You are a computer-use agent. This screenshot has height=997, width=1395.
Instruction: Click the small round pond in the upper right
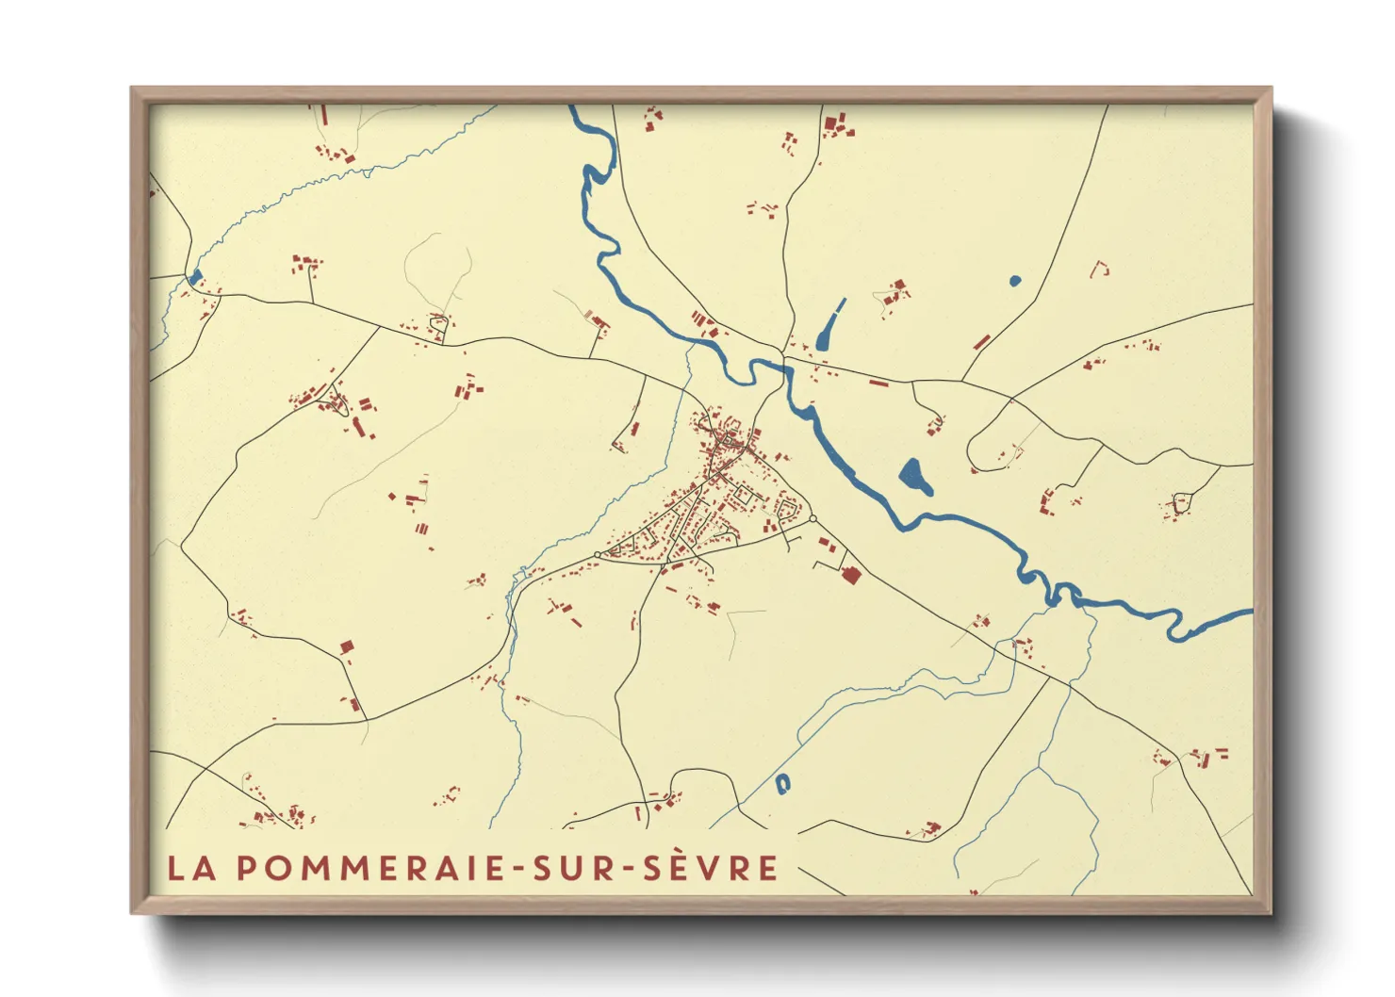[x=1014, y=281]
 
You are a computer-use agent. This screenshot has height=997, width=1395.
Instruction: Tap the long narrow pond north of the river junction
[x=829, y=324]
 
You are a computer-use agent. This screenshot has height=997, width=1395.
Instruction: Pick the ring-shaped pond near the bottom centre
[x=782, y=783]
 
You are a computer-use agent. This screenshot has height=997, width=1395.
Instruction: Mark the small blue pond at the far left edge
[x=196, y=277]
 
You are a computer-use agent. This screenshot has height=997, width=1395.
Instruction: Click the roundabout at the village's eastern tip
[x=812, y=518]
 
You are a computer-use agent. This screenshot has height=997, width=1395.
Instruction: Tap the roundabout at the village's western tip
[x=598, y=554]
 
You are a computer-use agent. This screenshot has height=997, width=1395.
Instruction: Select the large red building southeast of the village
[x=851, y=575]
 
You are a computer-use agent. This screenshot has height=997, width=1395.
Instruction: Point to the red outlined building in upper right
[x=1099, y=270]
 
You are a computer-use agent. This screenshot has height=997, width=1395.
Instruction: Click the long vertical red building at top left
[x=324, y=115]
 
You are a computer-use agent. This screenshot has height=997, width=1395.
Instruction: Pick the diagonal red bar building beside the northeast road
[x=981, y=341]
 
